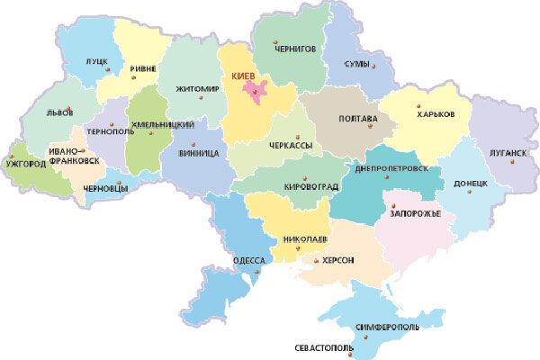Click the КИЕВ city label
point(246,76)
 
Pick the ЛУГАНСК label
point(508,153)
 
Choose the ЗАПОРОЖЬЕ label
point(415,214)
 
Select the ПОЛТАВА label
point(346,118)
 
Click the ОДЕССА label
point(247,260)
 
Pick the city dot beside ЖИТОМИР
point(201,98)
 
